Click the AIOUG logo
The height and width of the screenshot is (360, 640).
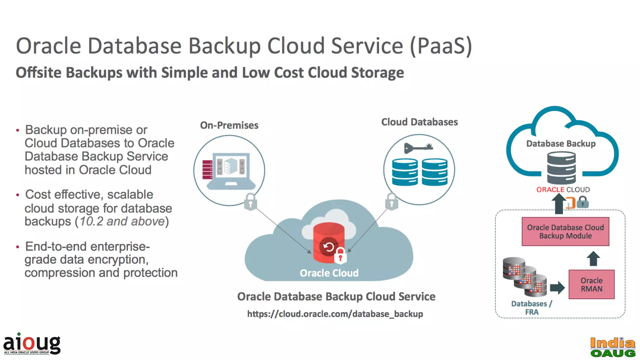click(32, 344)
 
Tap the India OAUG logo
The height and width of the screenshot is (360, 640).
click(612, 347)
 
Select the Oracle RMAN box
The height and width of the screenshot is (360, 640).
click(591, 284)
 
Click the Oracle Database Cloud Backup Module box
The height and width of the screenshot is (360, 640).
click(565, 232)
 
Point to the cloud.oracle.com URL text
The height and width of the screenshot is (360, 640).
click(335, 314)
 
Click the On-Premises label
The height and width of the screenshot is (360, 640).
click(229, 125)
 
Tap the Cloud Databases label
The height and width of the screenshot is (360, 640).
click(419, 122)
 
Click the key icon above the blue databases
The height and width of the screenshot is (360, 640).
click(418, 147)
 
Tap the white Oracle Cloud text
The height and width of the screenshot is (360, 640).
click(329, 273)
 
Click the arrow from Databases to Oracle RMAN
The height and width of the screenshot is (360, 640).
click(557, 287)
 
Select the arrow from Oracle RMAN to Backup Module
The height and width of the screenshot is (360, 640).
click(593, 258)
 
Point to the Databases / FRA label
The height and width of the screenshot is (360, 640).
click(532, 308)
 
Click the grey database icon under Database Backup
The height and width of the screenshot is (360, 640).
click(561, 168)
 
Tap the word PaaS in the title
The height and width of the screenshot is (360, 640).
click(441, 46)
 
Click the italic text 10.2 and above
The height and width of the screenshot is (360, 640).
click(122, 221)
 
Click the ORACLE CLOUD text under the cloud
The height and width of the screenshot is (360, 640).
click(563, 190)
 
